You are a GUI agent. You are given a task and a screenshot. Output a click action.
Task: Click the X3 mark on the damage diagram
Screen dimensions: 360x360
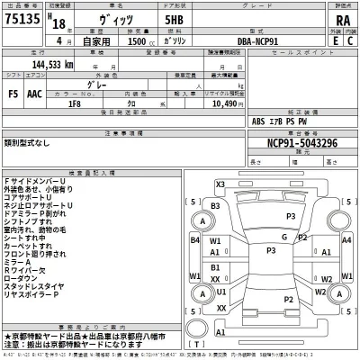click(x=220, y=184)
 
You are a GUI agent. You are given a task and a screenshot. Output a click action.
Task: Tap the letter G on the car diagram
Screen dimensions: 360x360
click(x=284, y=237)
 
